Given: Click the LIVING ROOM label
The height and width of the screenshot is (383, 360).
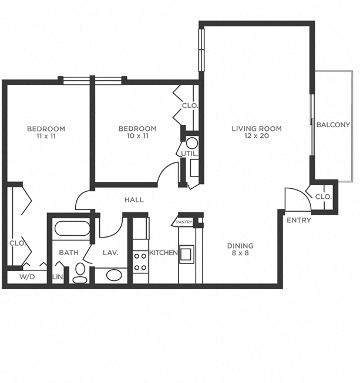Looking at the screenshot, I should coord(256,128).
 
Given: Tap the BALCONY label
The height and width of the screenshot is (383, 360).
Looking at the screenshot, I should coord(333,124).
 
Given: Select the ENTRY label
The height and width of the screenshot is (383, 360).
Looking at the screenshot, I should coord(298,220).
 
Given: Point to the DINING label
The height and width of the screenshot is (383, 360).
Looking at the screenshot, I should coord(241,246).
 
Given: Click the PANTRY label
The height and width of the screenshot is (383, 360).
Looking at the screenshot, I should coord(184,222).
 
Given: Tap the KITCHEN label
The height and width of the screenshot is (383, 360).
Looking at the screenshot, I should coord(163,253).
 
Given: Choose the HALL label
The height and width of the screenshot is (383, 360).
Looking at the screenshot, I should coord(134,200).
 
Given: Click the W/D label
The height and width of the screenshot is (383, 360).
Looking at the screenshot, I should coord(26,276).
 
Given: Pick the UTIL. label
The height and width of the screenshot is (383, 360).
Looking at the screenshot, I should coord(190,154).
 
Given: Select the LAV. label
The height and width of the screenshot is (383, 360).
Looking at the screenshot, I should coord(110,253).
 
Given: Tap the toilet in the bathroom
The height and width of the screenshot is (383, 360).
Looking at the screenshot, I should coord(80,273).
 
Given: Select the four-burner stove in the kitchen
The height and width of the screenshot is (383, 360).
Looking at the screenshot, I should coord(140,262).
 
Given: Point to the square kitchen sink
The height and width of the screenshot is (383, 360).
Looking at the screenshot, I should coord(187,254).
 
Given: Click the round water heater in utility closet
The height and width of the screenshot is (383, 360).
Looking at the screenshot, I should coord(192,143).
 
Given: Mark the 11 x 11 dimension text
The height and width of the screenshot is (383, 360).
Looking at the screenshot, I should coord(46,136).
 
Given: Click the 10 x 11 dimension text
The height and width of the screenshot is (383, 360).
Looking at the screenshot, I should coord(137,136).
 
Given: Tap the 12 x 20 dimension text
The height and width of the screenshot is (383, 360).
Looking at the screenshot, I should coord(256,136).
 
